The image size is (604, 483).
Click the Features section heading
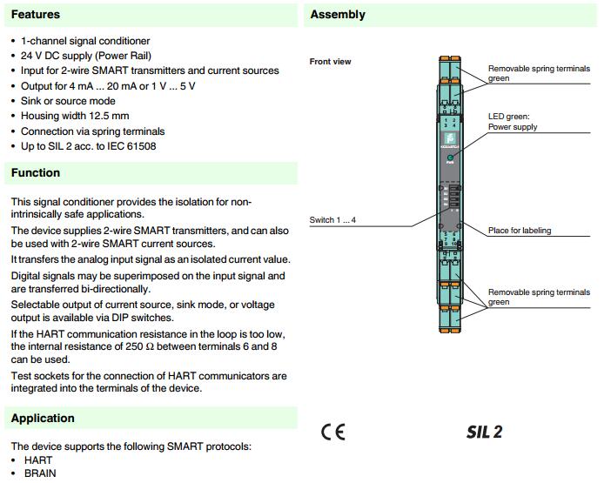[36, 15]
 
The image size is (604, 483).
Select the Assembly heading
[338, 15]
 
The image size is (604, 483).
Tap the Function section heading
[36, 173]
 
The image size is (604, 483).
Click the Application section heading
[43, 419]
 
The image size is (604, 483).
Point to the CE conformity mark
[332, 432]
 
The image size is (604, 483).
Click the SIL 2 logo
[484, 432]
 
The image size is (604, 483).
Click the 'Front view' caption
[331, 62]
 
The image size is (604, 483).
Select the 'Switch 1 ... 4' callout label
[332, 220]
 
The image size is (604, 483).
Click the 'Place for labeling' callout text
[520, 231]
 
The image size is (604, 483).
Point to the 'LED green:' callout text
[509, 116]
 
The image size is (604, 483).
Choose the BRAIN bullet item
[38, 473]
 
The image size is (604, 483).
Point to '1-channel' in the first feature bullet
[43, 41]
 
